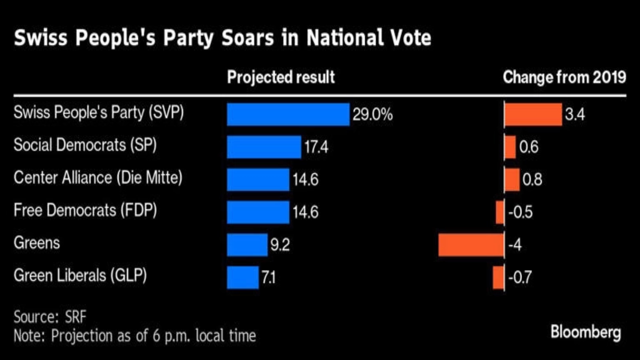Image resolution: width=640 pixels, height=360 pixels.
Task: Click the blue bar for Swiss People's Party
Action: (288, 114)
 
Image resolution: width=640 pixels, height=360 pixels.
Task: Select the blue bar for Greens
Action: (247, 245)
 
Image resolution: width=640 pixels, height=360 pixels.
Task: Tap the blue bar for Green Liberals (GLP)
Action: (242, 277)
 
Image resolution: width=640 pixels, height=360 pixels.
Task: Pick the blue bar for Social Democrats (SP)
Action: (264, 147)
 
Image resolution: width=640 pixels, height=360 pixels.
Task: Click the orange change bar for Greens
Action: (471, 245)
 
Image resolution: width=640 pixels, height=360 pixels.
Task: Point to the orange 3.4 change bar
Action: (533, 114)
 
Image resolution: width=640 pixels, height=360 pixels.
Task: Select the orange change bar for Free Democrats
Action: (500, 212)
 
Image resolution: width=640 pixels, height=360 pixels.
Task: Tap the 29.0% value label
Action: (372, 115)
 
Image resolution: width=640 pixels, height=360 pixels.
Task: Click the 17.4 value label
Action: (316, 147)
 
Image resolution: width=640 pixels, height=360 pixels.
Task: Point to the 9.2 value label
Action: (280, 245)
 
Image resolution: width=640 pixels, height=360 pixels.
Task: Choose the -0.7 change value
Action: (520, 277)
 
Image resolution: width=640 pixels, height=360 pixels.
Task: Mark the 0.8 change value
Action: (532, 180)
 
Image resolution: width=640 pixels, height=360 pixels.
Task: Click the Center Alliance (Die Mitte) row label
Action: (98, 178)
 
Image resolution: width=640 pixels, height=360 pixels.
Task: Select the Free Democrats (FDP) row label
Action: (85, 210)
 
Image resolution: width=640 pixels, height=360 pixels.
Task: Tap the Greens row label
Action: (37, 243)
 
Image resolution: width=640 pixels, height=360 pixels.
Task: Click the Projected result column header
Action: (281, 77)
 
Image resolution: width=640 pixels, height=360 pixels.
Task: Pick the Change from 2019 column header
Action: (564, 77)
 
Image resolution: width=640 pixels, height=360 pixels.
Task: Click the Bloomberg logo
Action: (586, 332)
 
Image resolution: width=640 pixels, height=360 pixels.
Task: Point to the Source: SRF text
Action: (50, 317)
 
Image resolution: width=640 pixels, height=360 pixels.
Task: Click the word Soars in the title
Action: (248, 38)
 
